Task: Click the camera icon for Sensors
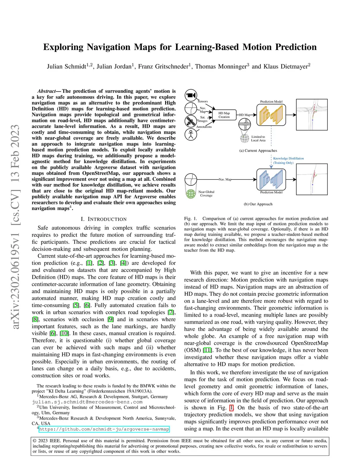pyautogui.click(x=191, y=95)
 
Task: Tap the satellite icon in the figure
pyautogui.click(x=191, y=121)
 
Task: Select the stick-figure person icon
pyautogui.click(x=191, y=134)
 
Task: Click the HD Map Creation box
pyautogui.click(x=224, y=115)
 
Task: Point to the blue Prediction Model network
pyautogui.click(x=271, y=179)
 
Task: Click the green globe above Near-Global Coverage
pyautogui.click(x=191, y=193)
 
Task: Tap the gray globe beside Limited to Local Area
pyautogui.click(x=245, y=139)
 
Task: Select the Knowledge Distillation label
pyautogui.click(x=288, y=159)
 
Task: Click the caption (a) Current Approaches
pyautogui.click(x=258, y=151)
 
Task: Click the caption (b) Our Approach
pyautogui.click(x=258, y=204)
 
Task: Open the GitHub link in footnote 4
pyautogui.click(x=104, y=429)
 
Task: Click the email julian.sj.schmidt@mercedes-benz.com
pyautogui.click(x=87, y=402)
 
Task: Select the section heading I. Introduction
pyautogui.click(x=104, y=219)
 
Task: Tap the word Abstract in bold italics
pyautogui.click(x=47, y=91)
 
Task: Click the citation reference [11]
pyautogui.click(x=207, y=350)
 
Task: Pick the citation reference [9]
pyautogui.click(x=111, y=319)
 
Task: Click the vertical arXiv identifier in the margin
pyautogui.click(x=15, y=227)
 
